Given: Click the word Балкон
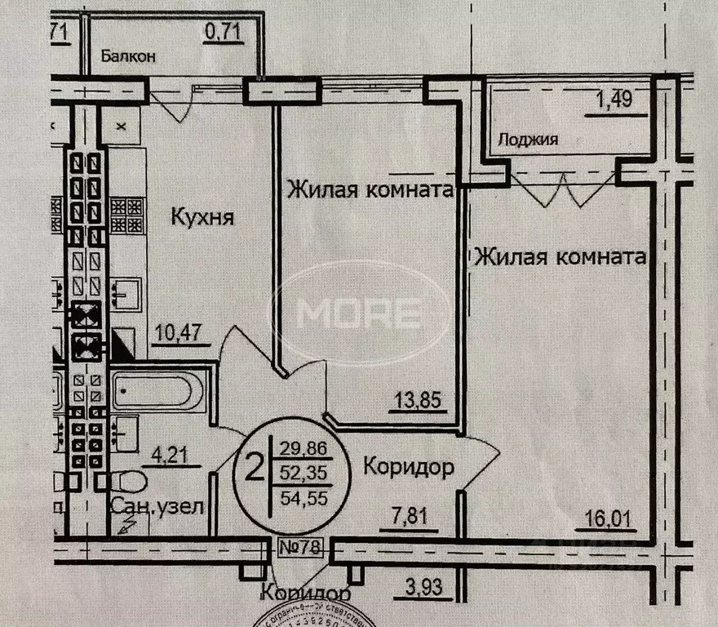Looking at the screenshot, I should point(129,57).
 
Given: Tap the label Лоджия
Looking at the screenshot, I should point(530,139).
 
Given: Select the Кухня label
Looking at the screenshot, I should point(202,218).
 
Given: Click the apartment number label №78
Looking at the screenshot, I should point(299,546).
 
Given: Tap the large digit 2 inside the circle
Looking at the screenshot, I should point(255,470).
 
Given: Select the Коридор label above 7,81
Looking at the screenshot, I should point(408,469).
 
